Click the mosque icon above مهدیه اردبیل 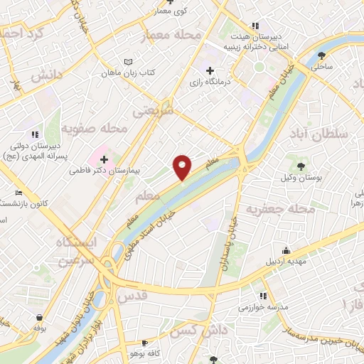pos(286,250)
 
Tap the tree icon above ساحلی pos(323,54)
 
